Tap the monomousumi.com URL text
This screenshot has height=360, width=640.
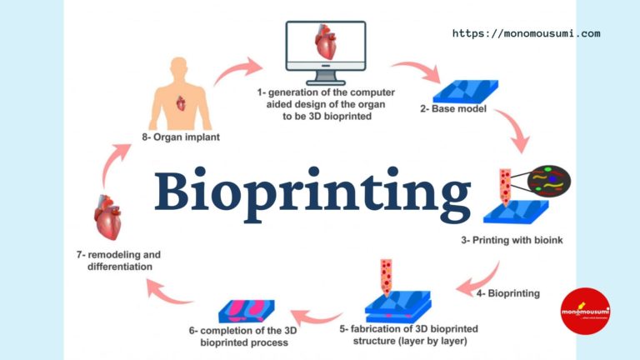click(526, 34)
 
